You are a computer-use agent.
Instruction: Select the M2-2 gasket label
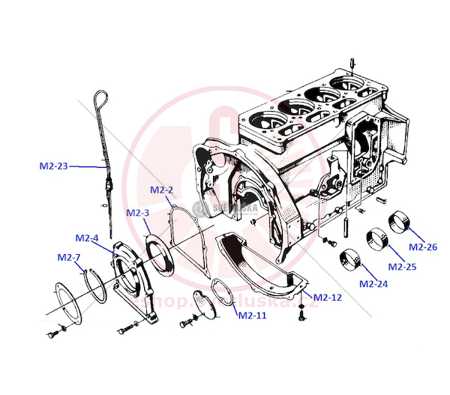tap(162, 190)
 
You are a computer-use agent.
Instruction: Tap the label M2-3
tap(138, 214)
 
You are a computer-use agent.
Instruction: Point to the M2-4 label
tap(87, 238)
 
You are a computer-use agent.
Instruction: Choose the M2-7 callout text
tap(69, 258)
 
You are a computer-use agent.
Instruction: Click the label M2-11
tap(252, 316)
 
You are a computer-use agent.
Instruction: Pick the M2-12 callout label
tap(328, 298)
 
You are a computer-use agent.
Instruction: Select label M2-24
tap(373, 284)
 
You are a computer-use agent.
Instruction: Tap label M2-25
tap(402, 265)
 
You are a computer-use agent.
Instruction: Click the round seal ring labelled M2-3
tap(158, 250)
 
